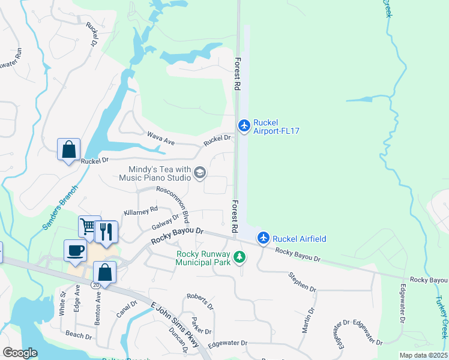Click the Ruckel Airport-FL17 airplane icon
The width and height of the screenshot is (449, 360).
pyautogui.click(x=244, y=125)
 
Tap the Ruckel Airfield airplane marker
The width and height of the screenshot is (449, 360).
pyautogui.click(x=263, y=238)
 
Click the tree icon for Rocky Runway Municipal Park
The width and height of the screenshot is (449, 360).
pyautogui.click(x=240, y=257)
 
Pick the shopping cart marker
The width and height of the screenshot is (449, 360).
pyautogui.click(x=88, y=227)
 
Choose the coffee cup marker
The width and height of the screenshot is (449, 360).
pyautogui.click(x=75, y=250)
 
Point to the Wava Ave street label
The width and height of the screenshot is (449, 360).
pyautogui.click(x=161, y=139)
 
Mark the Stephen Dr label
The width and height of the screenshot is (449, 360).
pyautogui.click(x=302, y=282)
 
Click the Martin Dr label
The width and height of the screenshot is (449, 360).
pyautogui.click(x=308, y=321)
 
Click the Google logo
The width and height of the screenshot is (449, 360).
pyautogui.click(x=20, y=353)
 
